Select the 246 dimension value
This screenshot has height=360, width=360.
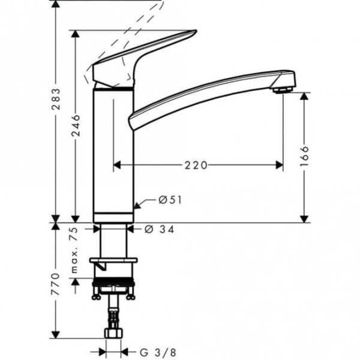point(76,126)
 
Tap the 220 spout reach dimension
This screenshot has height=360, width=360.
point(196,165)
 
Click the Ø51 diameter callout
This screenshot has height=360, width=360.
point(170,200)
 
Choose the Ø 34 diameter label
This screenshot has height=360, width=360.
point(160,229)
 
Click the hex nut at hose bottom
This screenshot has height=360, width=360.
point(113,332)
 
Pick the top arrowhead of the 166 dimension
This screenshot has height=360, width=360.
point(304,96)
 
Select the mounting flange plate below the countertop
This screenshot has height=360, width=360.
point(113,260)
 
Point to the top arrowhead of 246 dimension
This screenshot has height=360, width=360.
point(76,34)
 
